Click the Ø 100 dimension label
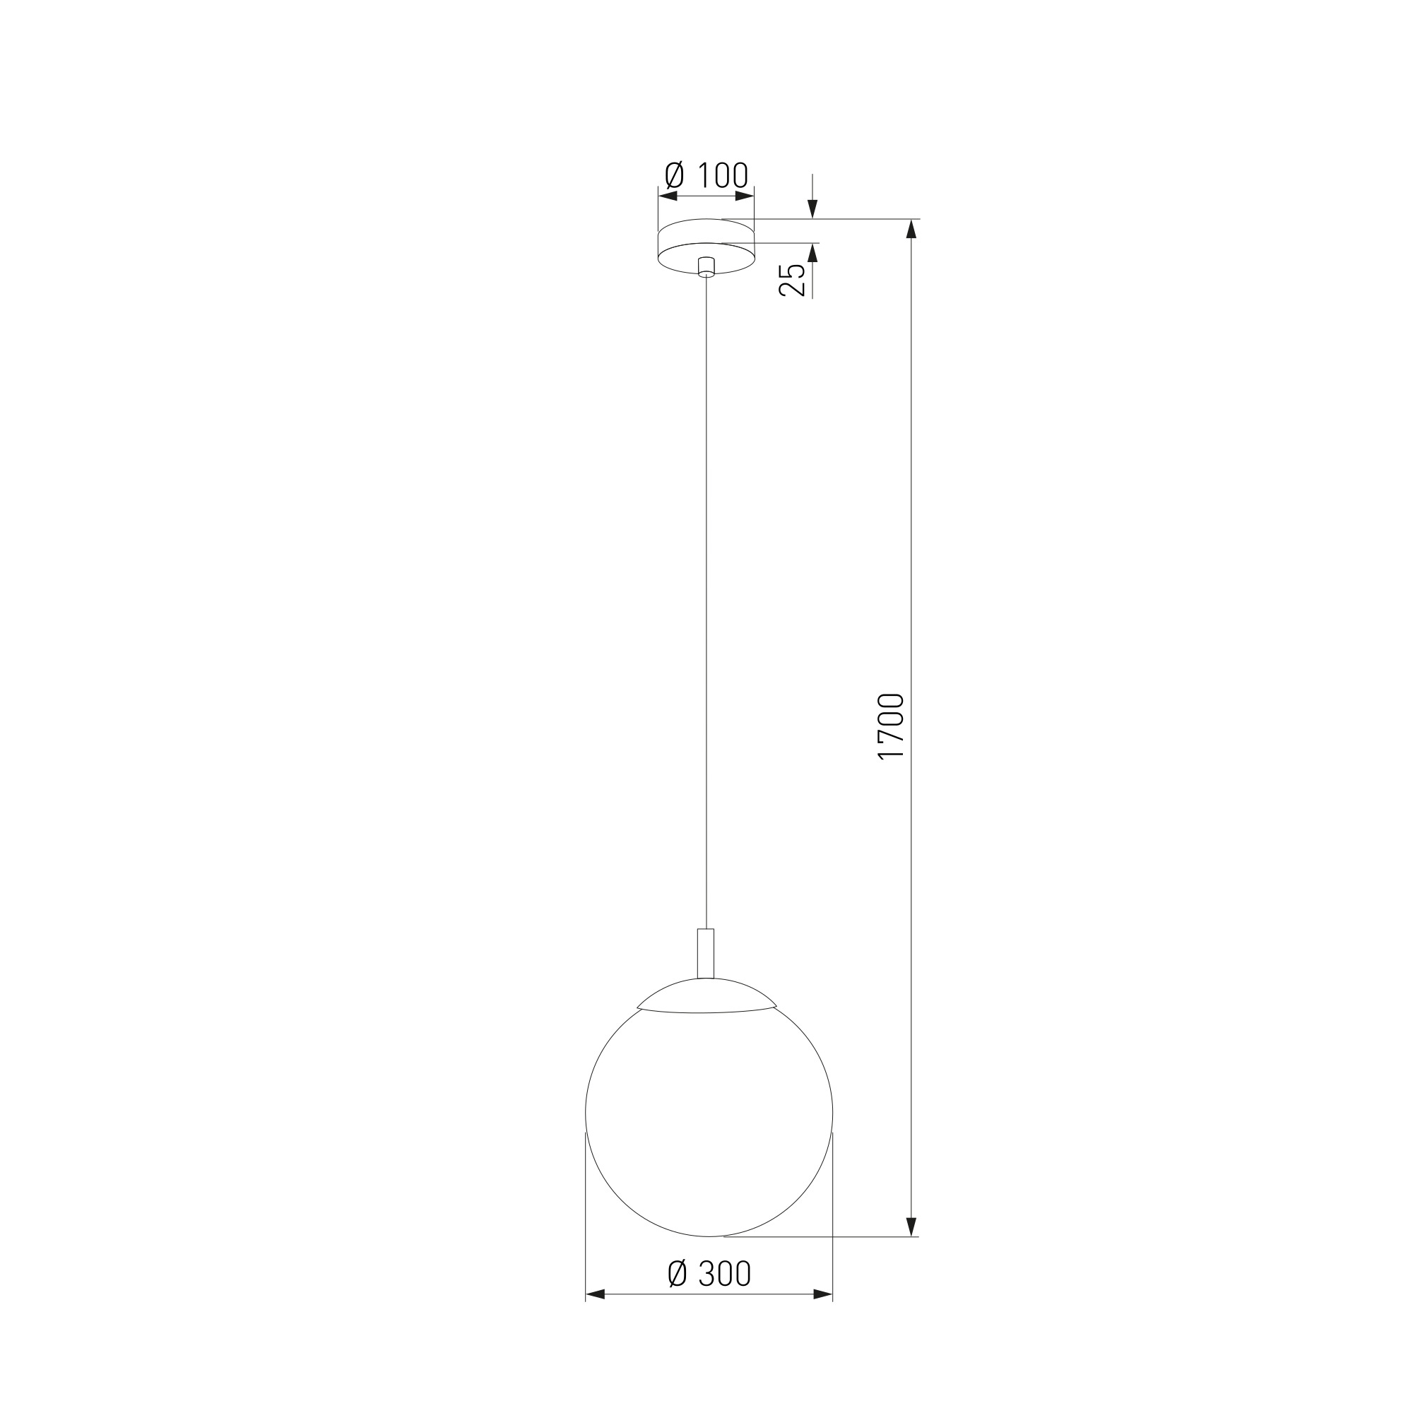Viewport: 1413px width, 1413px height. (x=706, y=175)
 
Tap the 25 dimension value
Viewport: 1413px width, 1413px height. (x=793, y=279)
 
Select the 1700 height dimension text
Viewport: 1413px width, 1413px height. (x=891, y=727)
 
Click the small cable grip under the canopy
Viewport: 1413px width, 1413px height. (x=706, y=267)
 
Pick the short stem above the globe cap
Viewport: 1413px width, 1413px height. (x=706, y=953)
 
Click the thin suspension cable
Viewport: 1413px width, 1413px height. (x=706, y=603)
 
